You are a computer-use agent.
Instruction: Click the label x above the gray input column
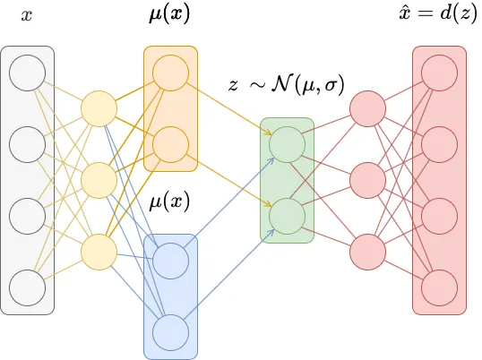click(x=27, y=16)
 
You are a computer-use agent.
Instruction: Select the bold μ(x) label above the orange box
click(x=170, y=16)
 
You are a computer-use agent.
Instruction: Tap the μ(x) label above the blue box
click(x=169, y=201)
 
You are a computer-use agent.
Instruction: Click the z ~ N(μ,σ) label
click(x=287, y=86)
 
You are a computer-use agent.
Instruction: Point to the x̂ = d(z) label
click(x=438, y=16)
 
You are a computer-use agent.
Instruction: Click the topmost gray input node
click(x=27, y=73)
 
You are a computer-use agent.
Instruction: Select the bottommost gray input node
click(x=27, y=287)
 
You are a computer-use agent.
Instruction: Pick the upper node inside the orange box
click(x=170, y=73)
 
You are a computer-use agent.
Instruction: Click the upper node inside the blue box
click(x=170, y=261)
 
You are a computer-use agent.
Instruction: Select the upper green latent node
click(x=287, y=144)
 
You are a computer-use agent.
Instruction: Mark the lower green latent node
click(x=287, y=216)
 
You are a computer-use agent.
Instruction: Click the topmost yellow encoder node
click(x=99, y=108)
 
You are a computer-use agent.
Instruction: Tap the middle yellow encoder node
click(x=99, y=180)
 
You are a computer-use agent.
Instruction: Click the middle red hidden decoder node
click(x=367, y=180)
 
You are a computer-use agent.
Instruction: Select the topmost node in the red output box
click(x=439, y=73)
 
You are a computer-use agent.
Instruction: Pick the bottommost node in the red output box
click(x=439, y=287)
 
